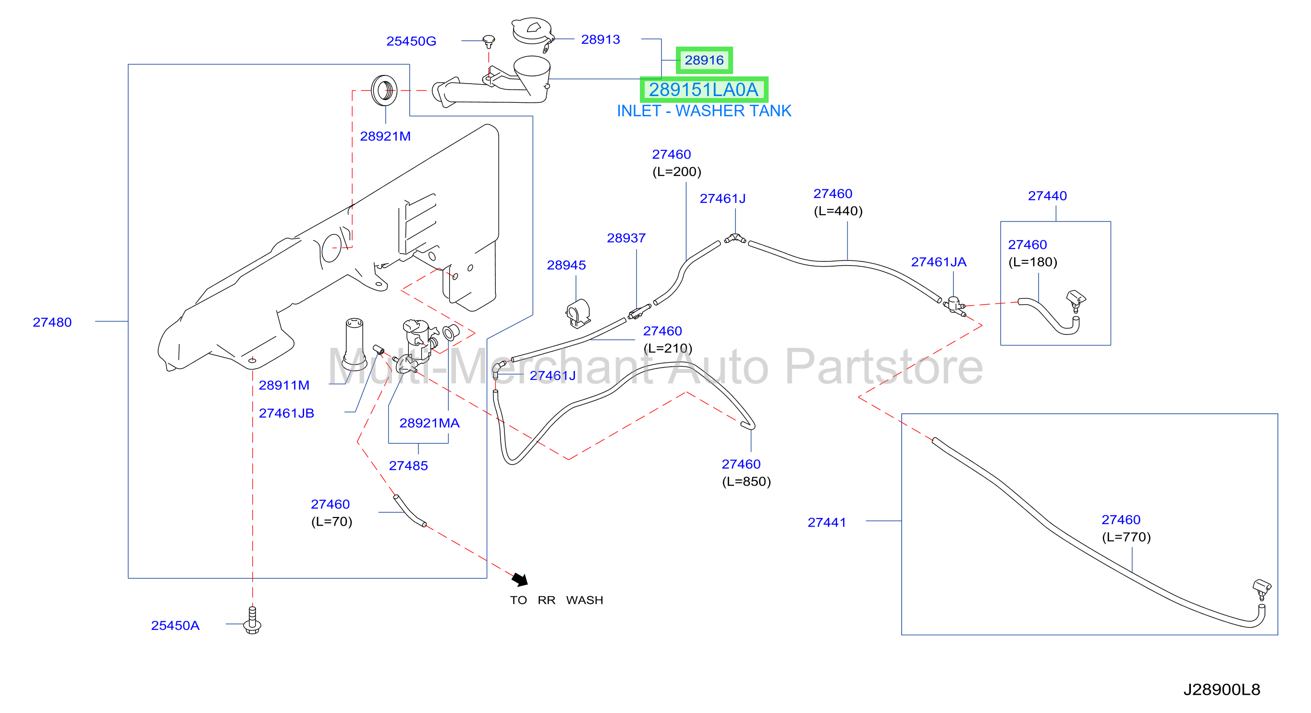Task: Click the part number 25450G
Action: click(x=411, y=41)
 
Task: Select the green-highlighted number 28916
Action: click(x=704, y=60)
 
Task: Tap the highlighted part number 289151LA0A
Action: click(x=704, y=89)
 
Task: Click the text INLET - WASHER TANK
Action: click(x=704, y=111)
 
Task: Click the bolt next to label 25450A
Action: click(x=252, y=620)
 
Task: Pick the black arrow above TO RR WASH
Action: click(x=520, y=579)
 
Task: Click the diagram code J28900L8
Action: click(x=1222, y=689)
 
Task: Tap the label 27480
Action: click(x=52, y=322)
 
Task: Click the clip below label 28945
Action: click(x=578, y=313)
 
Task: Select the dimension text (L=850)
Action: click(x=747, y=481)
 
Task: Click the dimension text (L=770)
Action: click(x=1126, y=537)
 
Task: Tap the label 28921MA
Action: click(x=429, y=423)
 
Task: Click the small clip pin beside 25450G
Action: click(x=489, y=42)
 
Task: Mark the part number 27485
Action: click(x=408, y=466)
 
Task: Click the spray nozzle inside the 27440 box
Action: click(x=1076, y=300)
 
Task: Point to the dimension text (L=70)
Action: click(x=332, y=522)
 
